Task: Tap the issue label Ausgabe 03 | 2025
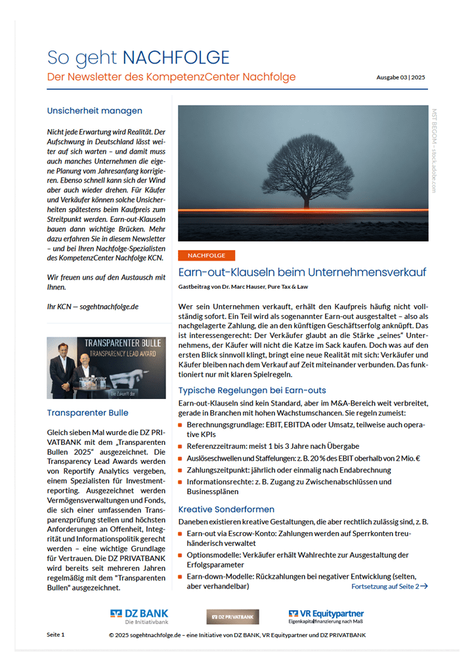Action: point(400,77)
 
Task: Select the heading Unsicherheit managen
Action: point(95,110)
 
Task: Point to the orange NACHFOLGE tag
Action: point(206,255)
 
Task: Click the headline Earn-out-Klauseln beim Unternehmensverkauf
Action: point(302,272)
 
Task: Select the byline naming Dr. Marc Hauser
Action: point(243,287)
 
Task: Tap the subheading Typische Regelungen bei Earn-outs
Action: point(252,390)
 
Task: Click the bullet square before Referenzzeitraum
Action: point(181,446)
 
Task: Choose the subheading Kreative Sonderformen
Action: point(226,509)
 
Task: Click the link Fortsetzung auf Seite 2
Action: point(389,586)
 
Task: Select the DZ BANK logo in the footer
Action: point(139,616)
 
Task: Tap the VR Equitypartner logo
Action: point(326,616)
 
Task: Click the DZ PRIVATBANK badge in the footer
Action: point(232,616)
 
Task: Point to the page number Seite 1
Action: point(56,635)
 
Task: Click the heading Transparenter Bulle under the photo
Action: point(87,413)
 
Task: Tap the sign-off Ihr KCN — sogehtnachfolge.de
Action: point(93,306)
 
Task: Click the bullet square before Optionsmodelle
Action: point(181,555)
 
